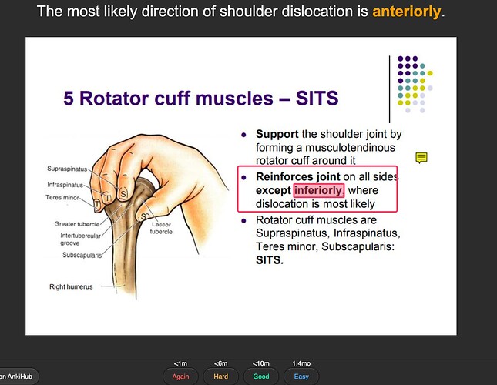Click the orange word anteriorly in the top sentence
coord(408,12)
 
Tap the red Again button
coord(180,377)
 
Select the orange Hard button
coord(220,377)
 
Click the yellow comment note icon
coord(421,158)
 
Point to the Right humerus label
coord(67,286)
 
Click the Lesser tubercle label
coord(160,228)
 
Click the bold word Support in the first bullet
coord(277,135)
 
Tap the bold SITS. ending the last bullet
coord(270,260)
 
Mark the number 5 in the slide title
coord(69,100)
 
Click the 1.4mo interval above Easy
coord(300,363)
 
